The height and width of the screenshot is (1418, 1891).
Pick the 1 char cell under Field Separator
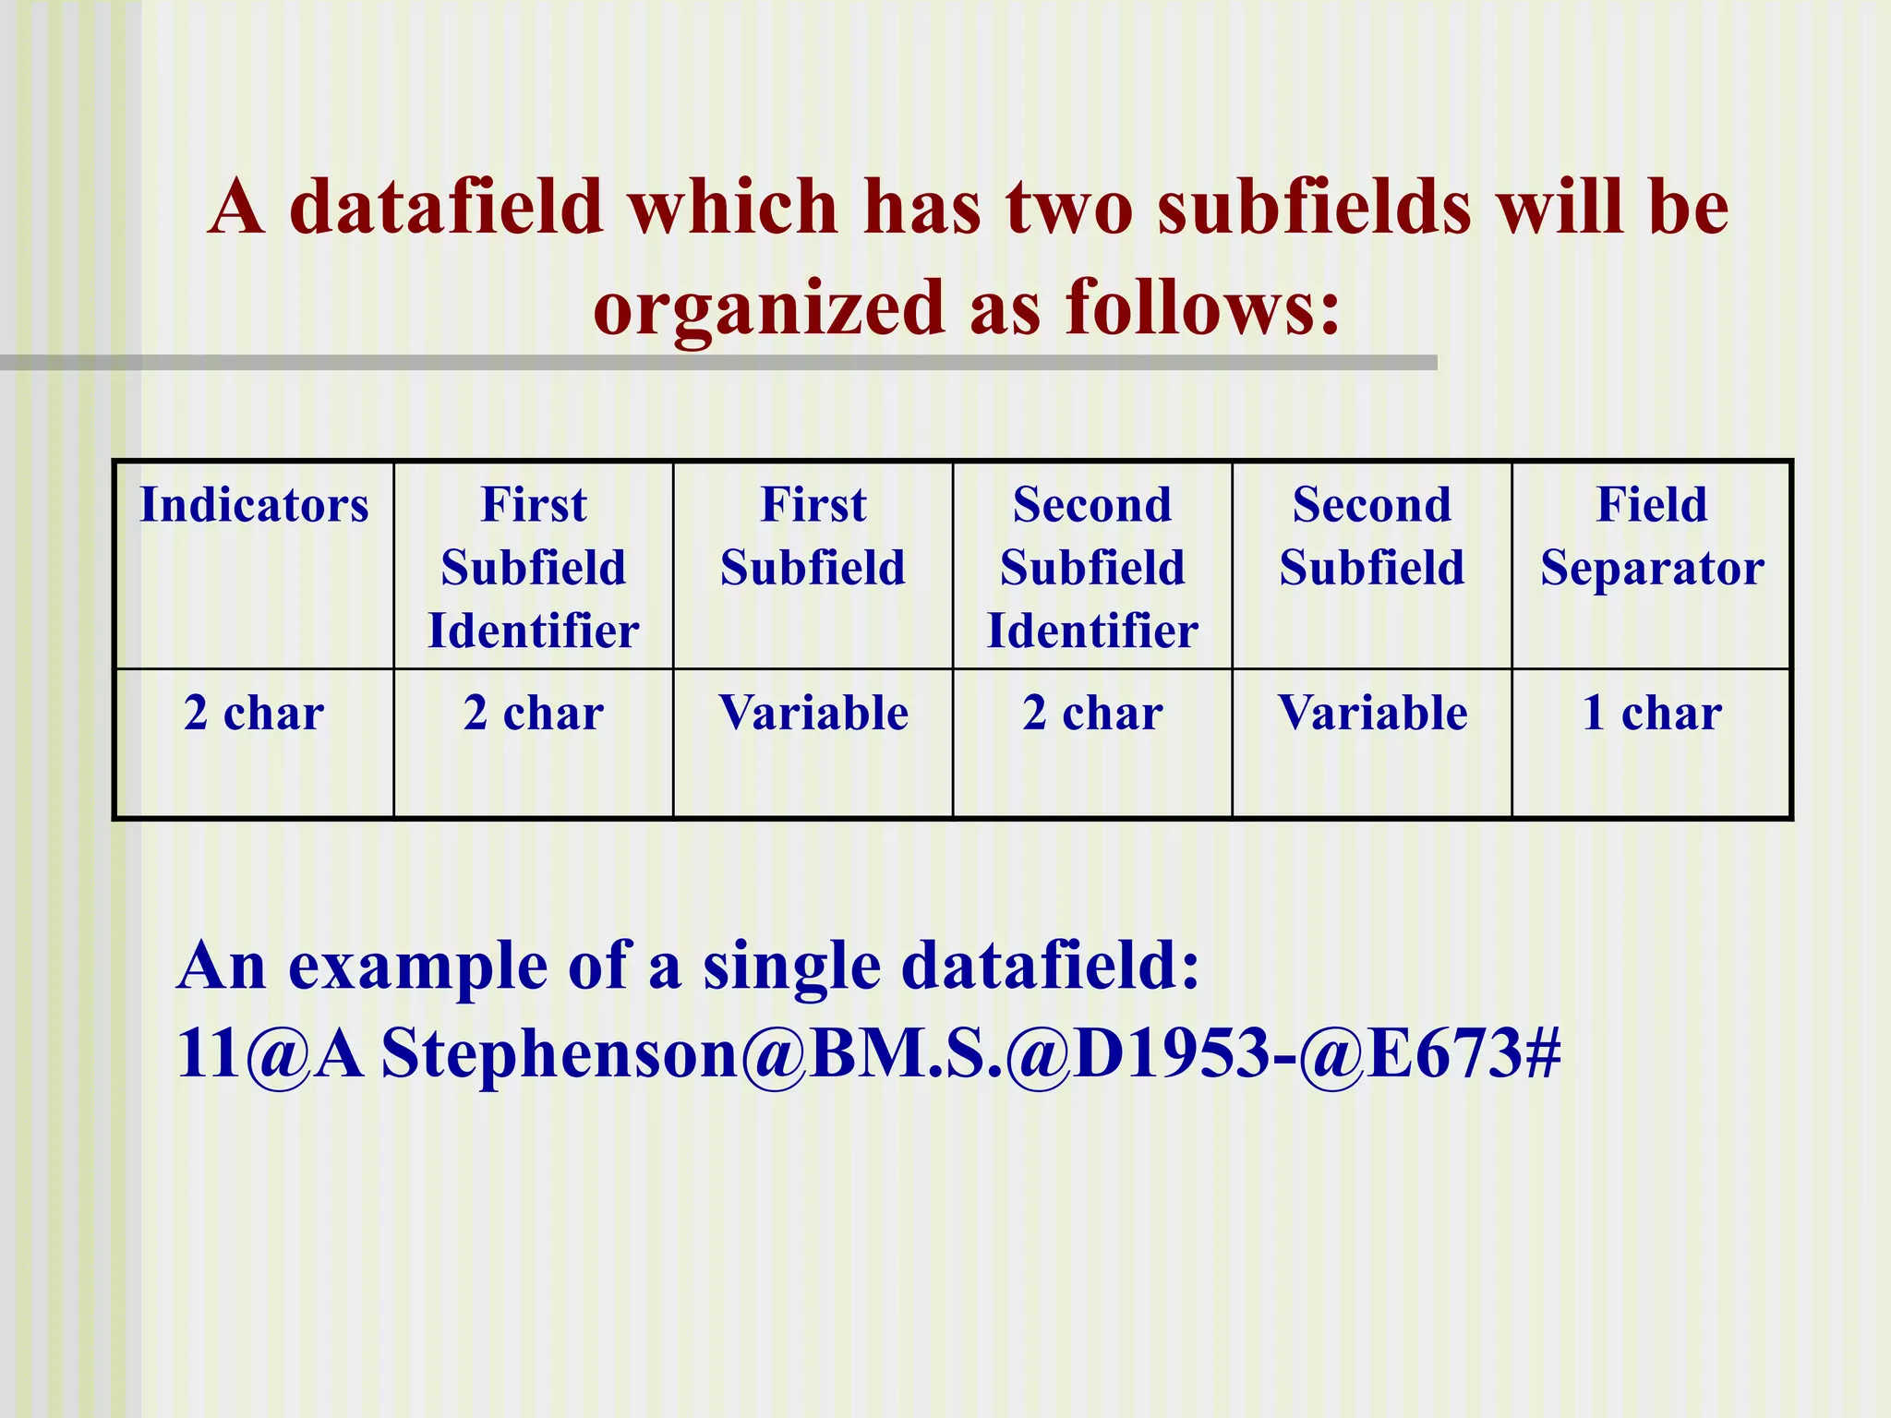1652,713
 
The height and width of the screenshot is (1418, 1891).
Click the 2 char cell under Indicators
254,713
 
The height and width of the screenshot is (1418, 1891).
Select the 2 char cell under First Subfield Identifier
534,713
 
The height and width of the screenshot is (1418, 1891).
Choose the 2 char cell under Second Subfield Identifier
1092,713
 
